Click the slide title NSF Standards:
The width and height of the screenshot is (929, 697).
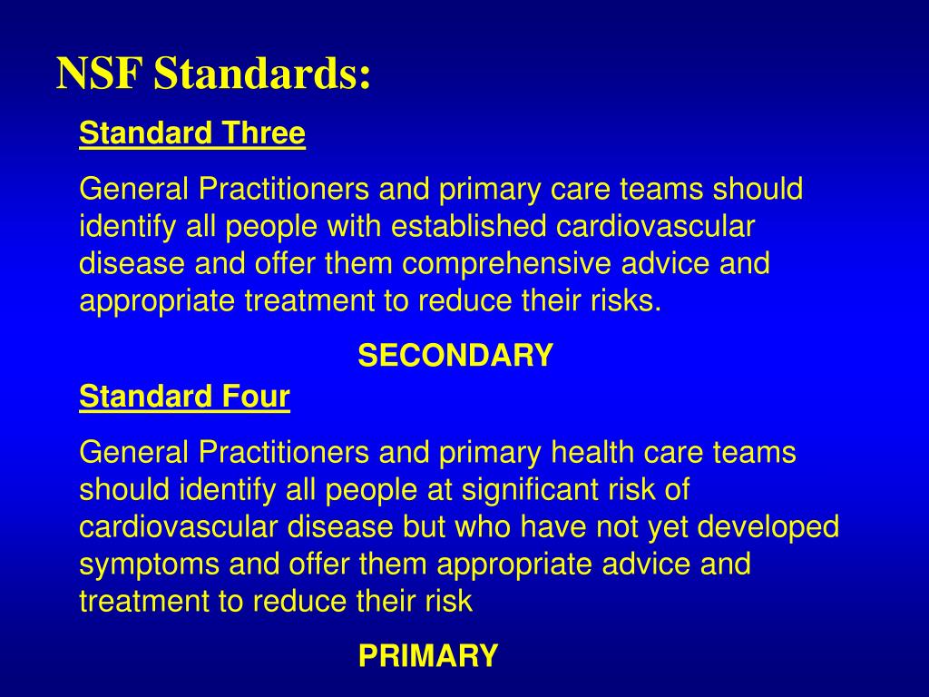pos(214,74)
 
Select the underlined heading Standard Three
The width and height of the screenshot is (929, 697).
pos(192,134)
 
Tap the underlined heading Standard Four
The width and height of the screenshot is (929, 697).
pos(185,398)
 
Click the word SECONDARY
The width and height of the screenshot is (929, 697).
pos(455,356)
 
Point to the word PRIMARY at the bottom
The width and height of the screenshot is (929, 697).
pos(428,655)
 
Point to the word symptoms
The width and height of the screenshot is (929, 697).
pos(151,564)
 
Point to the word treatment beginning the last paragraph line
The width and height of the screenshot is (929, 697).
pos(142,602)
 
